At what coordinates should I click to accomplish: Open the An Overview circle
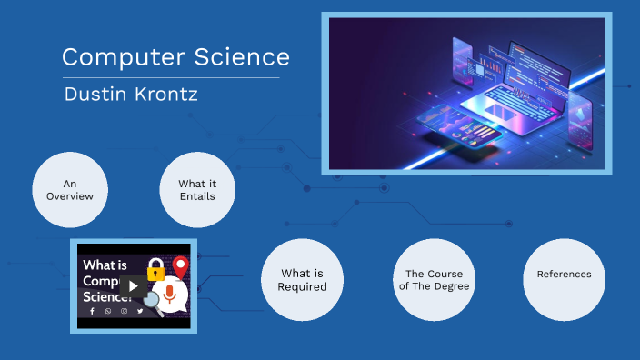70,189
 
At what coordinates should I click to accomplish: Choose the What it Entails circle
197,189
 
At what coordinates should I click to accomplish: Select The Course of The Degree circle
435,280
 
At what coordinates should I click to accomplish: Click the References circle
564,275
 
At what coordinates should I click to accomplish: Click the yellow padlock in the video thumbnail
155,269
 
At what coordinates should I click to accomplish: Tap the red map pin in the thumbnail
180,267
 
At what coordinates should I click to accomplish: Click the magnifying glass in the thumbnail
157,301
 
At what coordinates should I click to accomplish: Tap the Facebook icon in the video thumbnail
91,311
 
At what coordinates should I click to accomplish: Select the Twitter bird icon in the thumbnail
140,311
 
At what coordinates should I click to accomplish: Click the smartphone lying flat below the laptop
478,137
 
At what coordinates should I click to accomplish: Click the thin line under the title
170,78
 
